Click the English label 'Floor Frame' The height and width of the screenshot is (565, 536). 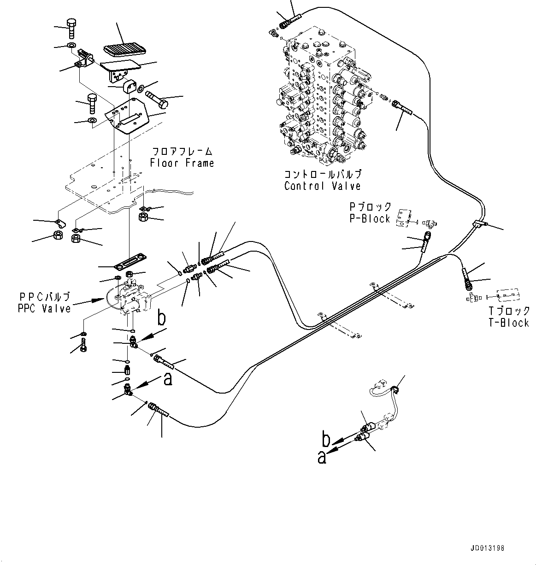182,163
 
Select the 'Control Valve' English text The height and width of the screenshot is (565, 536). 322,186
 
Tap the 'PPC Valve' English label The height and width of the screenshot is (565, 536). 44,308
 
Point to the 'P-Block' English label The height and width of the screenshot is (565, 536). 370,218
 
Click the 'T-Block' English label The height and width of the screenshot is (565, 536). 509,323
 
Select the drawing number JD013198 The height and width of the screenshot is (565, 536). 488,548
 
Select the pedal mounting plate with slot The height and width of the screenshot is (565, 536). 129,118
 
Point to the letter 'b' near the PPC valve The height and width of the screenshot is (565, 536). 161,319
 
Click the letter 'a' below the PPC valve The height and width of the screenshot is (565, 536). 168,379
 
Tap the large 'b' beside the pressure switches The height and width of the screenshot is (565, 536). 326,441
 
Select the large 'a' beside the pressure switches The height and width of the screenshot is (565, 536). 322,458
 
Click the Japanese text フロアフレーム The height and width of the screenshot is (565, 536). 182,152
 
